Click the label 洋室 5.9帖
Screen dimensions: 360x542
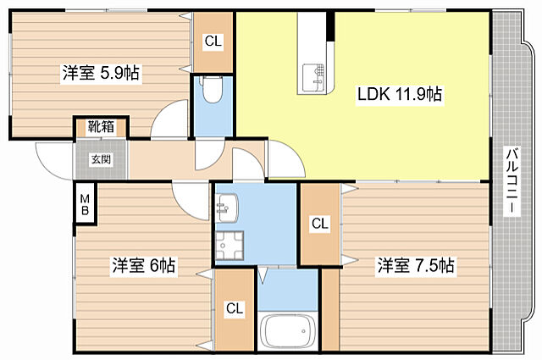pos(100,74)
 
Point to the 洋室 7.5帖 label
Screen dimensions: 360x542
pos(416,266)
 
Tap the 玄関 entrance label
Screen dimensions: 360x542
pos(100,159)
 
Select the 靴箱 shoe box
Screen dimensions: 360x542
pos(100,127)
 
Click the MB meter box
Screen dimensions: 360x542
pos(86,203)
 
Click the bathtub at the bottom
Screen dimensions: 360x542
pos(288,330)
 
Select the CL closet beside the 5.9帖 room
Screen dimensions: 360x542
pos(213,41)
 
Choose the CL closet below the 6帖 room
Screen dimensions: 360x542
pos(233,310)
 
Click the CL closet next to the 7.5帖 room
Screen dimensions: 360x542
pos(319,224)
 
